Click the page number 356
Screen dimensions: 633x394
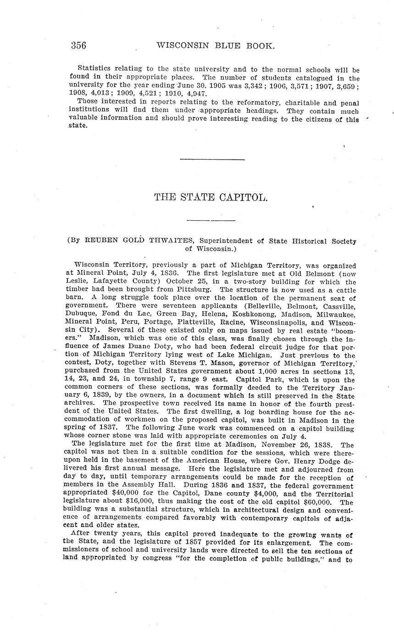78,45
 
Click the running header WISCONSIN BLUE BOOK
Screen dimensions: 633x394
216,45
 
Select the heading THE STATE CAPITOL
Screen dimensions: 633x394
211,197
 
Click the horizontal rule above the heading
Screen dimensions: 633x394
212,159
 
